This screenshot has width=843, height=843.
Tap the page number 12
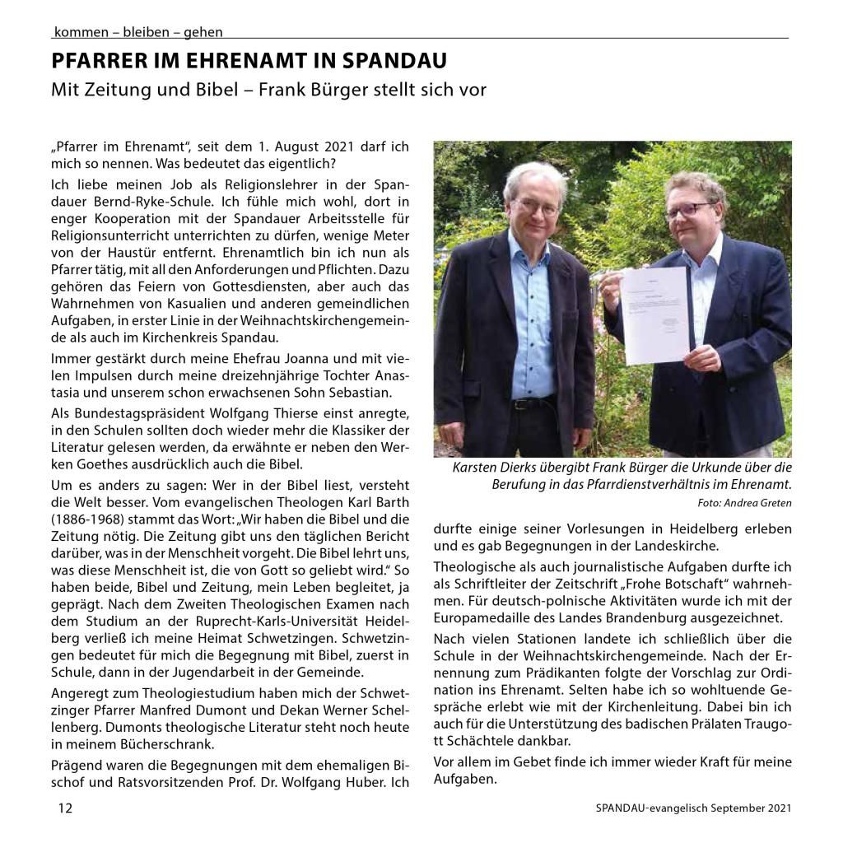[65, 808]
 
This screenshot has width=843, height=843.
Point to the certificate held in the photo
[654, 314]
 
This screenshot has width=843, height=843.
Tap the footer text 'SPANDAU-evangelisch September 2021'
[693, 808]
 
